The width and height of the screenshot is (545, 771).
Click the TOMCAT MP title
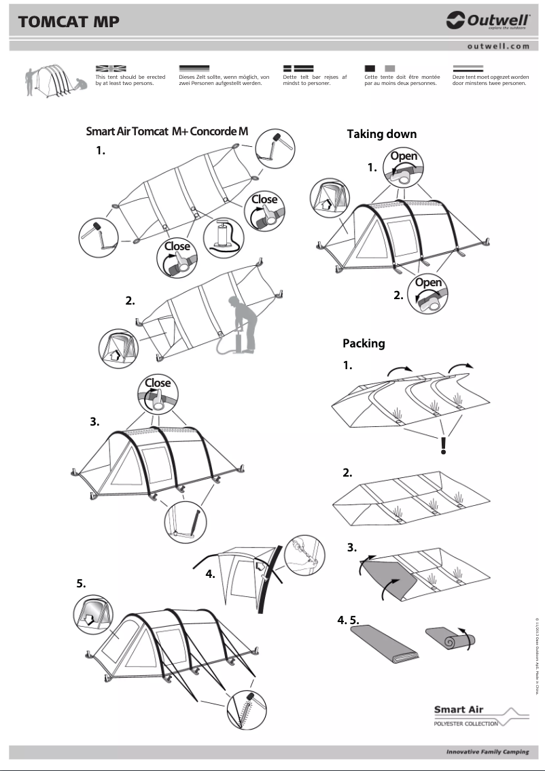(69, 22)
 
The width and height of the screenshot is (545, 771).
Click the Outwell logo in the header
(487, 22)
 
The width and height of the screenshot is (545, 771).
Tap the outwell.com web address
(498, 46)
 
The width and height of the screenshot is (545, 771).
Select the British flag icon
(111, 69)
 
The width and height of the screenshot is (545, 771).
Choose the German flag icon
(194, 69)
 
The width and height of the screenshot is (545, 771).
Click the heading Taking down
(381, 134)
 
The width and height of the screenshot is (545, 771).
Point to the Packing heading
(364, 343)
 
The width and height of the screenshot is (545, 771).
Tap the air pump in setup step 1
(222, 237)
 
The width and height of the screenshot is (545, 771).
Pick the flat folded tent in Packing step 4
(385, 644)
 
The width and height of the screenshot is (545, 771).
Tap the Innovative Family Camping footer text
(487, 752)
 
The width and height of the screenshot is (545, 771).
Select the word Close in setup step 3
(158, 383)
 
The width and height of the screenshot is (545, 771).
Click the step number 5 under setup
(81, 583)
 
